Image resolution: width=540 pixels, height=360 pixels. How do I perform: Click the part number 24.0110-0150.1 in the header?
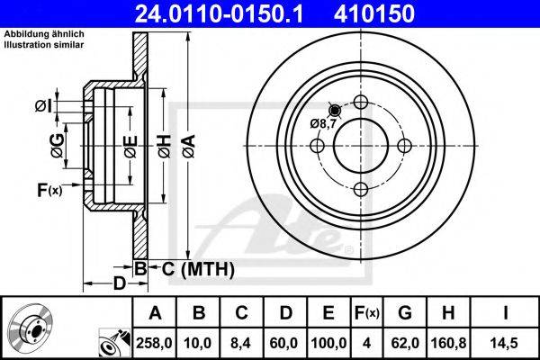tap(219, 13)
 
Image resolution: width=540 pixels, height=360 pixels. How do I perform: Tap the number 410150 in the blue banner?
tap(374, 13)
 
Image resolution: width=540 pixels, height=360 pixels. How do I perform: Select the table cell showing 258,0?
tap(154, 343)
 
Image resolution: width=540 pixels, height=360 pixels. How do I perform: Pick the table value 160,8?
tap(448, 343)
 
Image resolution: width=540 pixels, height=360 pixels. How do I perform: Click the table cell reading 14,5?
tap(505, 343)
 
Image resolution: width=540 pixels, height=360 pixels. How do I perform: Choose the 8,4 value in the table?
tap(241, 343)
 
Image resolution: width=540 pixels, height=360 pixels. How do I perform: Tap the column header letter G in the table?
tap(405, 313)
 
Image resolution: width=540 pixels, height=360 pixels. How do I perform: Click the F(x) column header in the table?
tap(367, 313)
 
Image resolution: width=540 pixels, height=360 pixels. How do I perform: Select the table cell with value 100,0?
tap(328, 343)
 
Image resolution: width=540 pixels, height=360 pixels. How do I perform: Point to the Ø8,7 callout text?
tap(323, 123)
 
